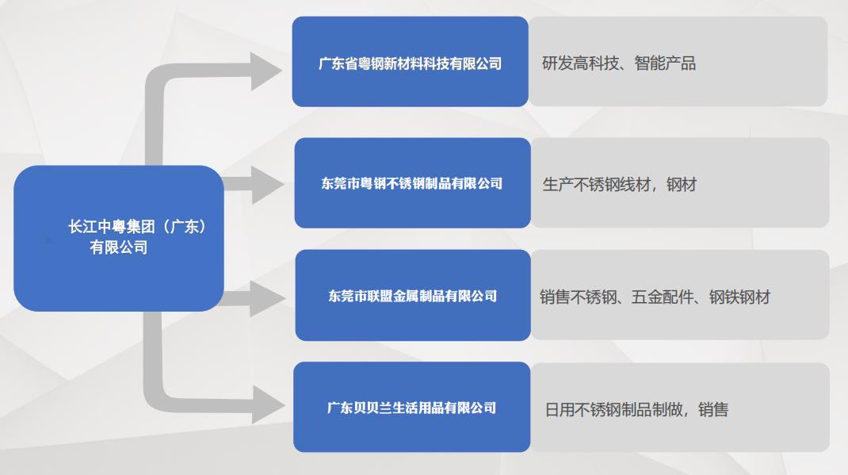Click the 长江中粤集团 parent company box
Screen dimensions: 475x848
[119, 238]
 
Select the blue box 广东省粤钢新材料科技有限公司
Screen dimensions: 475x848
[410, 62]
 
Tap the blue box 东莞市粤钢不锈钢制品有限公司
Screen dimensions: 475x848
[412, 183]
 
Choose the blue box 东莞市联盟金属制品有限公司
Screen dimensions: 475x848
[412, 296]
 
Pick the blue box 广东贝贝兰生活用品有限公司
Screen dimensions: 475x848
[411, 408]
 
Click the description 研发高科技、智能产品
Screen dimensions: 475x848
[619, 63]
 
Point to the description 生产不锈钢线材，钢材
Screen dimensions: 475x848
[619, 185]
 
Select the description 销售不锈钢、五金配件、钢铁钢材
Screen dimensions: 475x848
[655, 297]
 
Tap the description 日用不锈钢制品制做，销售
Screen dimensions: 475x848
[636, 410]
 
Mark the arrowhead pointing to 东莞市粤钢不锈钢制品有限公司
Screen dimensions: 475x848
[267, 185]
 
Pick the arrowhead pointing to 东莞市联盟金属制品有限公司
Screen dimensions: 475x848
[267, 298]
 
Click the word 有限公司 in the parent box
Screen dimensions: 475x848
[119, 247]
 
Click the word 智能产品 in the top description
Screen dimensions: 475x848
[665, 63]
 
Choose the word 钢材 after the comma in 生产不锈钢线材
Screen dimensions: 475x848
[681, 185]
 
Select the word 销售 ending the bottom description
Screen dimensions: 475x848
[713, 410]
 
